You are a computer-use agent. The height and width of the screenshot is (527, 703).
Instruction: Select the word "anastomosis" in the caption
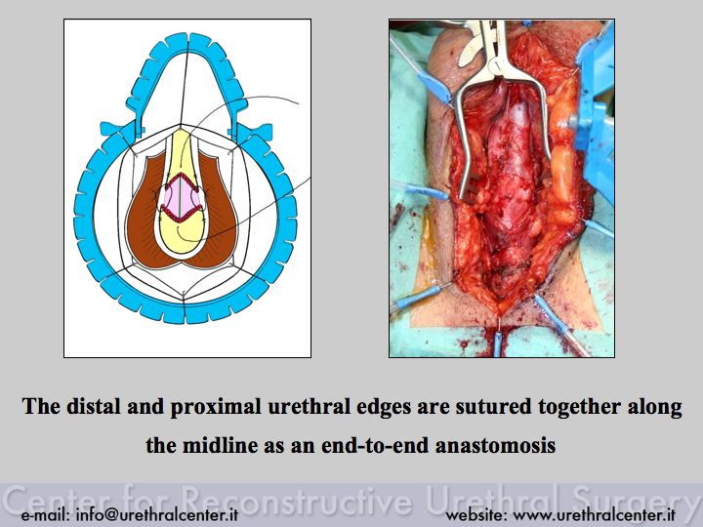(496, 445)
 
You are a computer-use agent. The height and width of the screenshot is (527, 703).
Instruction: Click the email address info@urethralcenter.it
(157, 514)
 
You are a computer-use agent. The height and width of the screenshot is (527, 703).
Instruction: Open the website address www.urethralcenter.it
(594, 515)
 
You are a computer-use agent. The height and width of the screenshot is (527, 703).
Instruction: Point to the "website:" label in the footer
(476, 515)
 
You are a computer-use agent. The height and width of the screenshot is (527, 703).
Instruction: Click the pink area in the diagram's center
(181, 195)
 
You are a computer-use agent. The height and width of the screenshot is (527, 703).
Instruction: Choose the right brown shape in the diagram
(219, 210)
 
